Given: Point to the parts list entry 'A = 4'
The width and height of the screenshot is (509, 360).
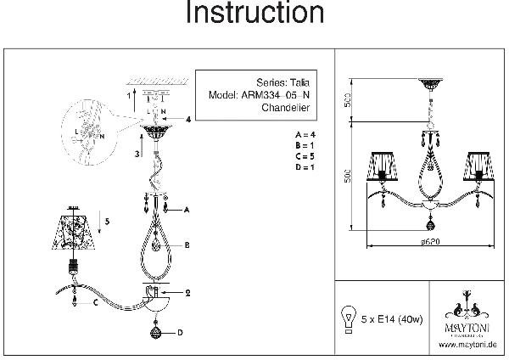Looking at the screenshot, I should [x=305, y=135].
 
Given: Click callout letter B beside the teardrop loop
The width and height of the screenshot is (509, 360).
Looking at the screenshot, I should [x=187, y=245].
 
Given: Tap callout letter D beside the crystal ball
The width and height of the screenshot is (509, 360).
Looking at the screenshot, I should [x=181, y=332].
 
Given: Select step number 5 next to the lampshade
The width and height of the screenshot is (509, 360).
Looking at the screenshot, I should [x=107, y=222].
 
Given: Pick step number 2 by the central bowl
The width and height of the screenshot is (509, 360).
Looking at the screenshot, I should [x=186, y=293].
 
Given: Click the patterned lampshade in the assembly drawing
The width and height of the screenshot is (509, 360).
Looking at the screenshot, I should [x=79, y=232].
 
